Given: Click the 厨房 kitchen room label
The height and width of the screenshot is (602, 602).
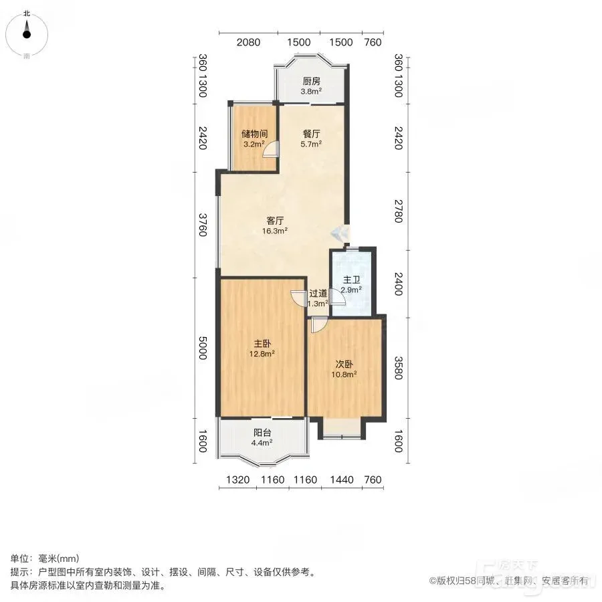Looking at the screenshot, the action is point(311,82).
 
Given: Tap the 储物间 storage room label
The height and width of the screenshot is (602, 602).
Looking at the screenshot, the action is point(255,134).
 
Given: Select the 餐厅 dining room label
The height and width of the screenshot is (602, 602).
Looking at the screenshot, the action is point(311,134).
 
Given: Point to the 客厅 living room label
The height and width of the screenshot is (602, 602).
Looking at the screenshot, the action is point(275,221).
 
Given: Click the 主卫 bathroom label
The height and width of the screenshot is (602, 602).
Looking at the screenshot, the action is point(352,280).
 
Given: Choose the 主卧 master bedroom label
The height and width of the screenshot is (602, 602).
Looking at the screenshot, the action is point(262,344).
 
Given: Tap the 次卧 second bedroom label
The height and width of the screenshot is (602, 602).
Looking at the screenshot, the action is point(344,364).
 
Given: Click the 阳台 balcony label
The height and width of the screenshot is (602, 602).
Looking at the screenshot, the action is point(262,433).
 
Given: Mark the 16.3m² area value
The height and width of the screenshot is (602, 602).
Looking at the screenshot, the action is point(275,231).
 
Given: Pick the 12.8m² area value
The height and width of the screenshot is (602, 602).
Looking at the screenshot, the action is point(262,354).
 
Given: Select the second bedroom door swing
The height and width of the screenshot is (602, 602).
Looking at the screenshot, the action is point(318,324).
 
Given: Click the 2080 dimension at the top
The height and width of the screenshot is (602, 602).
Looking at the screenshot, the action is point(248,42).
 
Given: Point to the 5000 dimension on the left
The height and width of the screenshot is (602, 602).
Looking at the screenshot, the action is point(203,348).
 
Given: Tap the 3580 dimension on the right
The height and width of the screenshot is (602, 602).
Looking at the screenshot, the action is point(399,368).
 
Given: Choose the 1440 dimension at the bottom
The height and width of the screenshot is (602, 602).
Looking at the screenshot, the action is point(342,480).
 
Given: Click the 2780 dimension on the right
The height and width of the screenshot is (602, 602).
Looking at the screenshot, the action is point(399,211).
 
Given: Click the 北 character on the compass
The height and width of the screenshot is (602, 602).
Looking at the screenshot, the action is point(27,13).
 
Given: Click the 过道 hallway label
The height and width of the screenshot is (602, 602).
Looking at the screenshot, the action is point(318,294).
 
